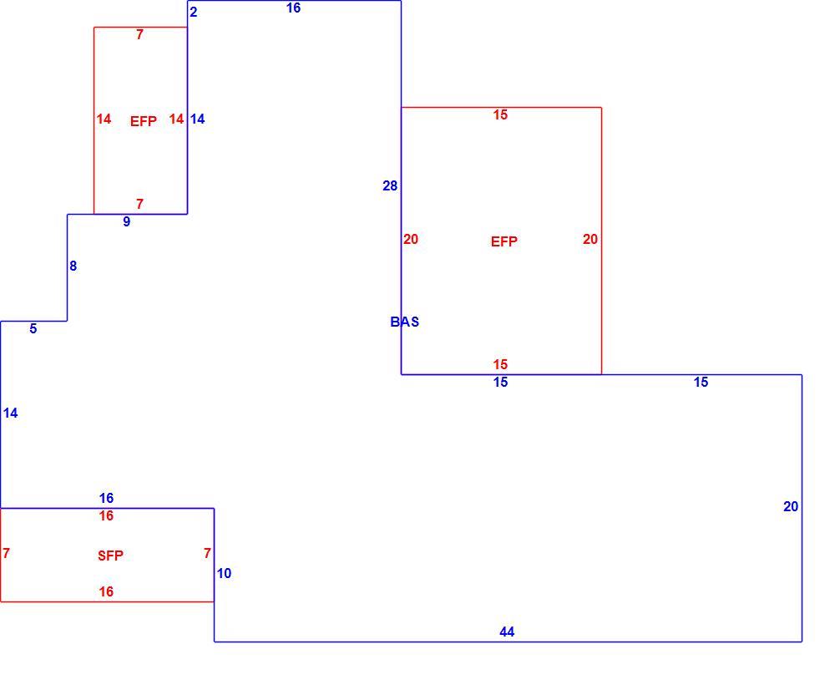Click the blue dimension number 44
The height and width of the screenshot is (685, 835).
tap(507, 632)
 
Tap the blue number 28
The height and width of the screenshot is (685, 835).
tap(390, 186)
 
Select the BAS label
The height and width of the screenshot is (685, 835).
tap(405, 322)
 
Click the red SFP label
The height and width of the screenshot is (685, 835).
tap(111, 556)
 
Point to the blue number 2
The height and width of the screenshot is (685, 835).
tap(194, 12)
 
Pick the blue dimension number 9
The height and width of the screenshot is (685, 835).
tap(126, 221)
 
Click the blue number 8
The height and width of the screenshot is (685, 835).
tap(73, 266)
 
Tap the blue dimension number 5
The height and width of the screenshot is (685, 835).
tap(33, 328)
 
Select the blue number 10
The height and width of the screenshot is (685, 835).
tap(224, 573)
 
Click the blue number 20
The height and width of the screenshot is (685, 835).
tap(791, 506)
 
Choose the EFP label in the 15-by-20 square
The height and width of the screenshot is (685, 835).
tap(504, 241)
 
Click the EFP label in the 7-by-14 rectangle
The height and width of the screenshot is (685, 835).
tap(144, 121)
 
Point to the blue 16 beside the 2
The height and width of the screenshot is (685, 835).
tap(293, 8)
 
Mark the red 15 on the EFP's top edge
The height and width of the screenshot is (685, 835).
tap(500, 114)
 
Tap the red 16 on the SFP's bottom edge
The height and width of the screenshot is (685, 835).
tap(106, 591)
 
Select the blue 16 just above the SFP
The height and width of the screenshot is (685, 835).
tap(106, 498)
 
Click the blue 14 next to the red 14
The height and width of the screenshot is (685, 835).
tap(198, 119)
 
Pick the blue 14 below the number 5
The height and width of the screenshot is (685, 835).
tap(10, 413)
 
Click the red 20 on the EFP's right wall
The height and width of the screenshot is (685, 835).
tap(590, 239)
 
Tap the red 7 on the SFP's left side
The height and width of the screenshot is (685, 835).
tap(6, 554)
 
